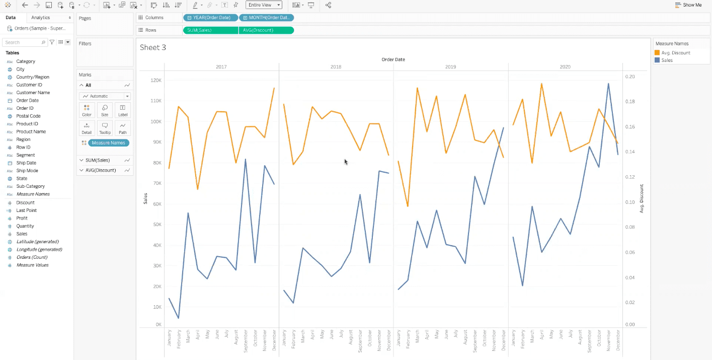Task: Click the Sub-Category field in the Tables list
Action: [x=30, y=186]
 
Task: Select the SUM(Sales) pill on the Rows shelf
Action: [x=210, y=30]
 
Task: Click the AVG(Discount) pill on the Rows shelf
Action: [x=266, y=30]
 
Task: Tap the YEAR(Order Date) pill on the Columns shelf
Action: [x=211, y=18]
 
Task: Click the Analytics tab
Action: [x=41, y=18]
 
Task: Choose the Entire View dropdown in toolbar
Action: [x=263, y=5]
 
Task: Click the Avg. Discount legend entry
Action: [x=675, y=53]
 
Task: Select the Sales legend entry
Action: [x=667, y=60]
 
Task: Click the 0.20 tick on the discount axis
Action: [x=629, y=77]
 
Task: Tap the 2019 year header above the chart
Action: [x=450, y=66]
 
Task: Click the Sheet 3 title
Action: [x=152, y=47]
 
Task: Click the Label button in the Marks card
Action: [x=123, y=110]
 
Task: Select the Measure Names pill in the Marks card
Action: [x=108, y=143]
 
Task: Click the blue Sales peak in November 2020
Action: [x=608, y=84]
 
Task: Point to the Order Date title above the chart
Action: [x=393, y=59]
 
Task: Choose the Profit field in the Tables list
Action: [x=22, y=218]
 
